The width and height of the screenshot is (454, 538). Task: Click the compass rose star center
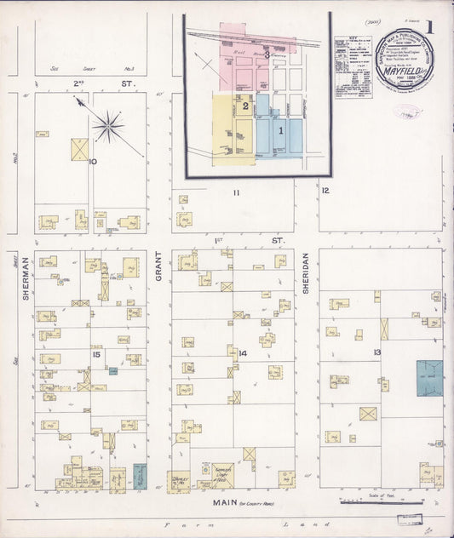coord(108,127)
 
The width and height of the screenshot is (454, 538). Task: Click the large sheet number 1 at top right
coord(431,26)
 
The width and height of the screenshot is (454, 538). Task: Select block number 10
coord(92,161)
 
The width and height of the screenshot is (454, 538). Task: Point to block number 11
coord(236,192)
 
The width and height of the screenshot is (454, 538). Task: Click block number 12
coord(325,190)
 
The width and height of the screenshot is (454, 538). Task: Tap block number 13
coord(376,351)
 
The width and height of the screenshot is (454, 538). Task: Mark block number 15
coord(97,353)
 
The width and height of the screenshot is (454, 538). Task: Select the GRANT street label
coord(159,270)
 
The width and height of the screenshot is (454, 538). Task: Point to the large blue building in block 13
coord(428,378)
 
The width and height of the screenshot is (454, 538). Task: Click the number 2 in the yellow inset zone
coord(244,106)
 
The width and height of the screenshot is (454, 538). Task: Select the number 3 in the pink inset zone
coord(267,55)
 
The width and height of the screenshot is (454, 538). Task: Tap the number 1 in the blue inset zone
coord(280,130)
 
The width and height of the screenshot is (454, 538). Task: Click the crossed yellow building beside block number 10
coord(79,149)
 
